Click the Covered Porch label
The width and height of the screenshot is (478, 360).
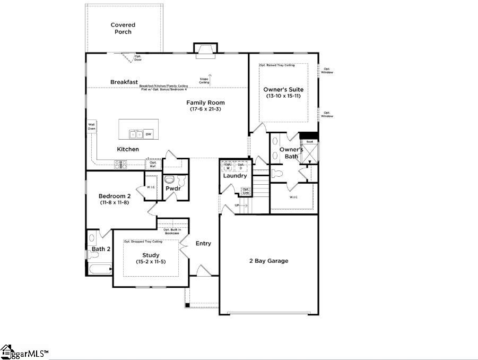123,28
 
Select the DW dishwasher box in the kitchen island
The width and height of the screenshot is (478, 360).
148,134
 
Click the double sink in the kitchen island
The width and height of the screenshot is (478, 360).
135,134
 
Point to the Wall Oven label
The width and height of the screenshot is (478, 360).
91,126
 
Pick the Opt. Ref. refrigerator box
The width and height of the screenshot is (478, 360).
153,165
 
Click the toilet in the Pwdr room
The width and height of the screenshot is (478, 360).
169,179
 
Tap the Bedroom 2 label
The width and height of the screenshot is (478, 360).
115,196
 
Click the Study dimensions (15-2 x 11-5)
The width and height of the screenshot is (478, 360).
151,262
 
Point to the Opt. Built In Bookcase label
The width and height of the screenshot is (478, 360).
172,231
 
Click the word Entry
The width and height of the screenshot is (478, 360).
203,244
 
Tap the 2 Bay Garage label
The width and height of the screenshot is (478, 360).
268,261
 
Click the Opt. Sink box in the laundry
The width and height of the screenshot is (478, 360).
246,191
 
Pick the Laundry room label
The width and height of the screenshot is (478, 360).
234,176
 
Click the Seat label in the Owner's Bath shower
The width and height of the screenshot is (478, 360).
310,142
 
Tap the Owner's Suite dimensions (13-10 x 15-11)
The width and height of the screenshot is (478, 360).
284,96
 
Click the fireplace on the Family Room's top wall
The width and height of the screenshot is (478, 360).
204,49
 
